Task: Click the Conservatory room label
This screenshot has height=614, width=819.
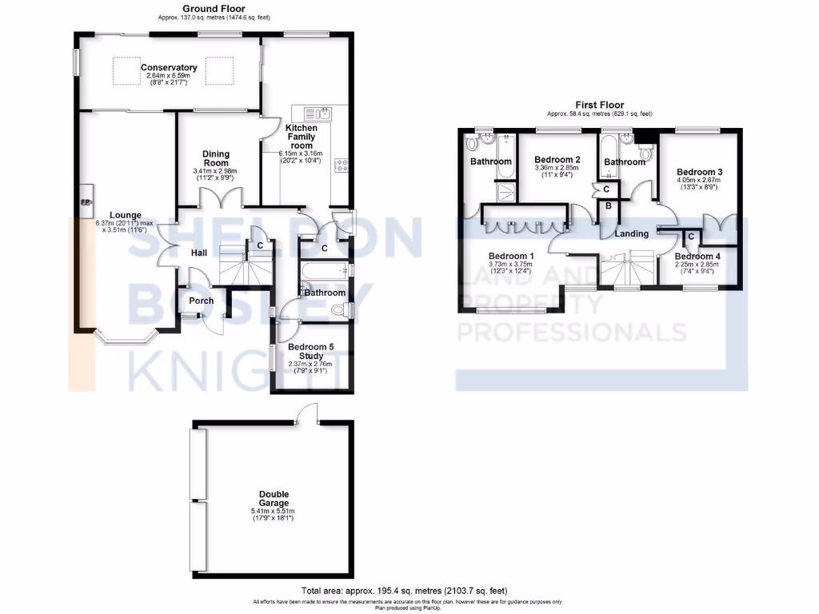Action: click(x=169, y=68)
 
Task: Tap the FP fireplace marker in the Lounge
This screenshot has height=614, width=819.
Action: click(x=85, y=202)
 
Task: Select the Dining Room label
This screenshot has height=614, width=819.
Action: click(x=216, y=158)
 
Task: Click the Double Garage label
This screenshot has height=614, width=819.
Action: click(x=274, y=498)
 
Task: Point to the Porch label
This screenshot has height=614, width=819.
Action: click(x=201, y=301)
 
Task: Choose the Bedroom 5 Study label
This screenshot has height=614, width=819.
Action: click(x=310, y=351)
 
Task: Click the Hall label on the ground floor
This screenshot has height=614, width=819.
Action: click(x=199, y=253)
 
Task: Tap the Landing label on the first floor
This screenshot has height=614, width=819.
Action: click(x=632, y=233)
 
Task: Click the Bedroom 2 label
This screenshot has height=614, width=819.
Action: click(x=557, y=159)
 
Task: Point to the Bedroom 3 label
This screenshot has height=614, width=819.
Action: click(x=699, y=172)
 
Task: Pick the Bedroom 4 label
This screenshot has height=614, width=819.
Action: click(x=697, y=257)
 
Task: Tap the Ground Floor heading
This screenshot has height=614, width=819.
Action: click(x=213, y=8)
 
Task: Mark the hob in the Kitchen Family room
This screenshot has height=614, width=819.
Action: click(x=341, y=166)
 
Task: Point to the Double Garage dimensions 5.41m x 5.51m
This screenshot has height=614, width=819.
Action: click(x=274, y=511)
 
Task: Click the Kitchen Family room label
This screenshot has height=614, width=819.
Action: click(x=301, y=137)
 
